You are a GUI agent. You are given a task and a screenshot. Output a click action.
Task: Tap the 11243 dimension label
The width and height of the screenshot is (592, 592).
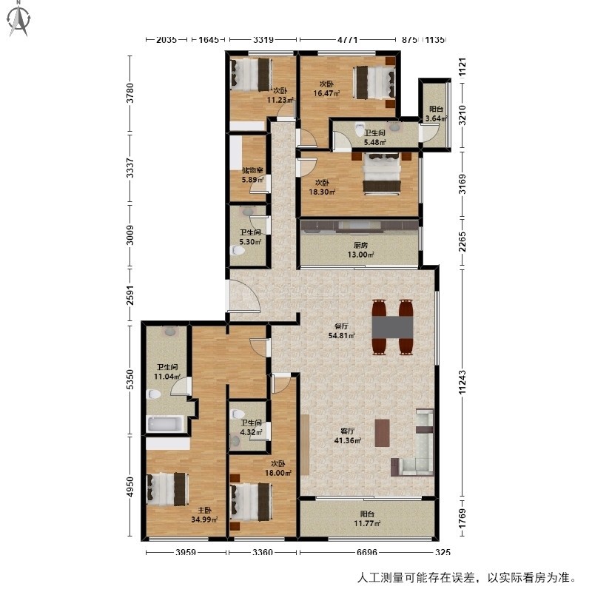[463, 383]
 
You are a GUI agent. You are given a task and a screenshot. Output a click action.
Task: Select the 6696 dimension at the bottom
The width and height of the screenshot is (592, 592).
[366, 552]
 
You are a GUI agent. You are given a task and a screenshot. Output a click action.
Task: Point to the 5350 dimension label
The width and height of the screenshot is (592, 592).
[130, 380]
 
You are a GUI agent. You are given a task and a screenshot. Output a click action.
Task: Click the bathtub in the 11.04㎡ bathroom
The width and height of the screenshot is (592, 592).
[165, 424]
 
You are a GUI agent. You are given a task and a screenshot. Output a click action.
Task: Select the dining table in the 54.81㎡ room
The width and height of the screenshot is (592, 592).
[392, 327]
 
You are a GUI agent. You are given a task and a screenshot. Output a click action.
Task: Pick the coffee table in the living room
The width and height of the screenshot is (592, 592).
[383, 433]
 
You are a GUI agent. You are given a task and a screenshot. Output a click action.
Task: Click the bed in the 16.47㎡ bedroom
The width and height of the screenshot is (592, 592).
[374, 83]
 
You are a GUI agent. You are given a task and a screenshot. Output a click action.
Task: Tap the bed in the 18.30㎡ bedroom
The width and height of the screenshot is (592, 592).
[382, 175]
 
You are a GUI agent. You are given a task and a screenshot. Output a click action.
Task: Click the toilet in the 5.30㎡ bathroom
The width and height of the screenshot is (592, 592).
[238, 250]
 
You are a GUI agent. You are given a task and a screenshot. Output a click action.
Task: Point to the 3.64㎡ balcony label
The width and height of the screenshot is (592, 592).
[436, 114]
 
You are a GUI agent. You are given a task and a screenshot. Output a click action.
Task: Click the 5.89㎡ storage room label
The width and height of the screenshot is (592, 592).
[252, 175]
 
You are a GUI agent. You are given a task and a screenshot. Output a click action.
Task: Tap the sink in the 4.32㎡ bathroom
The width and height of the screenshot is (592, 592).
[235, 441]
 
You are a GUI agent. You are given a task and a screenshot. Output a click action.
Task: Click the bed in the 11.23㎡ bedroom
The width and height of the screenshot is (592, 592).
[252, 75]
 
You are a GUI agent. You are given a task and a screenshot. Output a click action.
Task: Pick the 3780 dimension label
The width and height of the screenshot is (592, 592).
[130, 93]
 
